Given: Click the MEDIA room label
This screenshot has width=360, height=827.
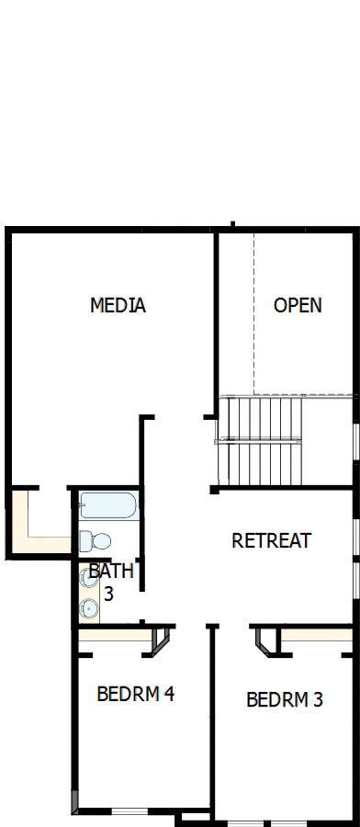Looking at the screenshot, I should click(118, 305).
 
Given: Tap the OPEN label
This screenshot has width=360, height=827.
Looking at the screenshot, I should click(298, 305).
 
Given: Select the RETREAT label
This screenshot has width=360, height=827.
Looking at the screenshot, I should click(271, 540).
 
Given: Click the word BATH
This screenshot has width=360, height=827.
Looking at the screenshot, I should click(111, 572).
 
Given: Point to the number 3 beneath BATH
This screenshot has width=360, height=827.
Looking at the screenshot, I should click(108, 594).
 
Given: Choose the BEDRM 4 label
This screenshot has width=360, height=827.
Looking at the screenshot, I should click(135, 694).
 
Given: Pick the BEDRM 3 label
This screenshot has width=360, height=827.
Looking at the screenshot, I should click(285, 700).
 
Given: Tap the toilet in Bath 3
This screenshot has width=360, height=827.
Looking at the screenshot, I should click(95, 540).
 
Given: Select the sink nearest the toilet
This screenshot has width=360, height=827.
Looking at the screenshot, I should click(90, 579).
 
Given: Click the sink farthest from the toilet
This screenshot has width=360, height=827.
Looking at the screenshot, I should click(89, 607).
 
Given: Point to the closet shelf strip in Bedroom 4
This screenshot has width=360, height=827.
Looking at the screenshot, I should click(112, 635).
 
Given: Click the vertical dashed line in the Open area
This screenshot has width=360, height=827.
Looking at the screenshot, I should click(253, 312).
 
